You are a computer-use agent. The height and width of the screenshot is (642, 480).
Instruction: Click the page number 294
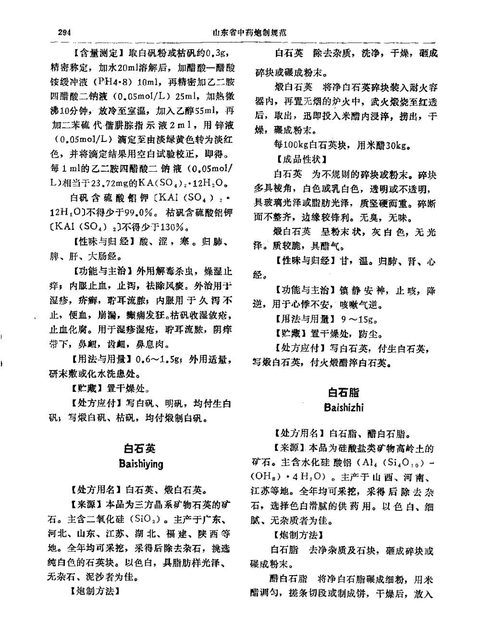coord(64,33)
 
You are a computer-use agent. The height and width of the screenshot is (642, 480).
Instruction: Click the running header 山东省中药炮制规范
coord(249,33)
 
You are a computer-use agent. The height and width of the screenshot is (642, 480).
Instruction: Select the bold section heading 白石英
coord(140,449)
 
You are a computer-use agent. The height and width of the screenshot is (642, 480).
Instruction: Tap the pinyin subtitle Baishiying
coord(141,464)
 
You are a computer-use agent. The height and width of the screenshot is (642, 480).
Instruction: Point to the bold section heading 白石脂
coord(344,392)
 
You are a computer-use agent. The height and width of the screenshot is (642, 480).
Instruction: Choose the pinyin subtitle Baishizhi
coord(344,408)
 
